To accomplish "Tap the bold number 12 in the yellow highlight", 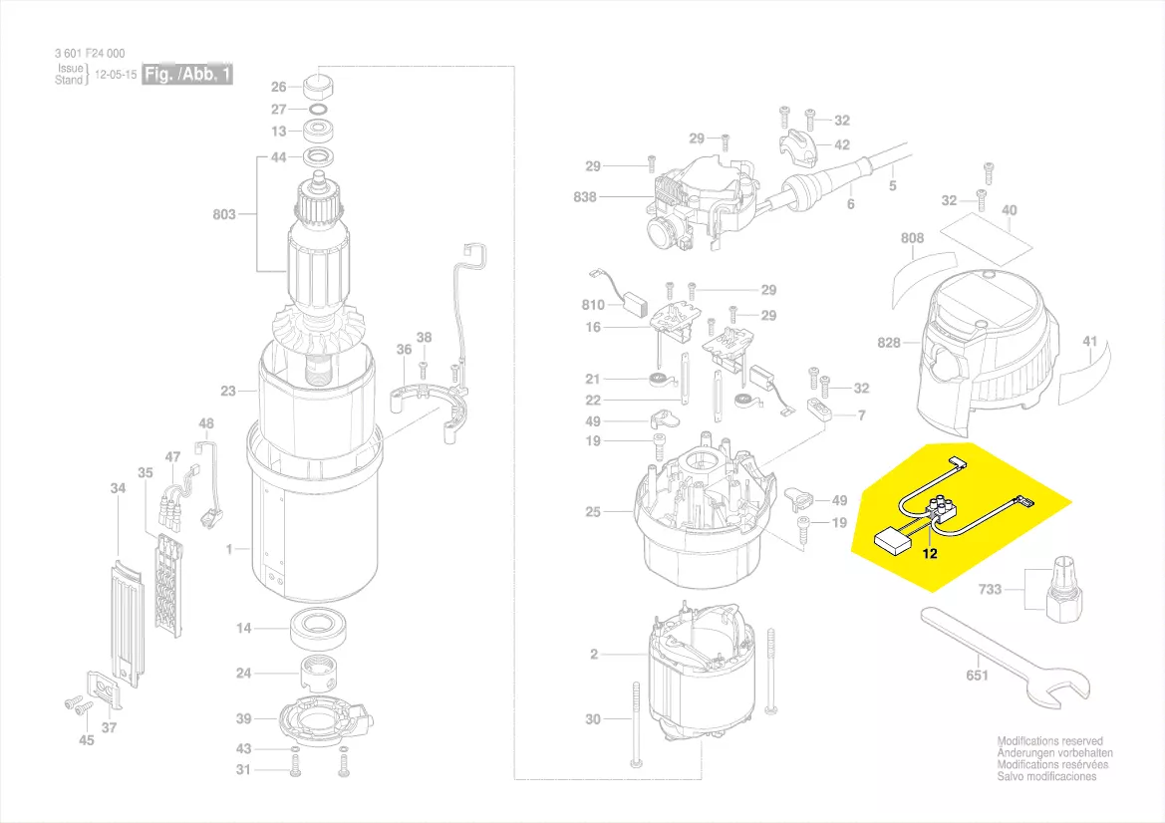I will pos(929,554).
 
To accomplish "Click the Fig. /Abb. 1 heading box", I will pos(187,75).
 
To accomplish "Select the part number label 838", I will pos(585,197).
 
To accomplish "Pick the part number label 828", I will pos(888,343).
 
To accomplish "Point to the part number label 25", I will pos(594,512).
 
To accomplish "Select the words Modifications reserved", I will pos(1050,741).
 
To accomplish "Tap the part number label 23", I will pos(228,392).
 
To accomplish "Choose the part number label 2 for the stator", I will pos(594,655).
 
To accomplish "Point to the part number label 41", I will pos(1090,342).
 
